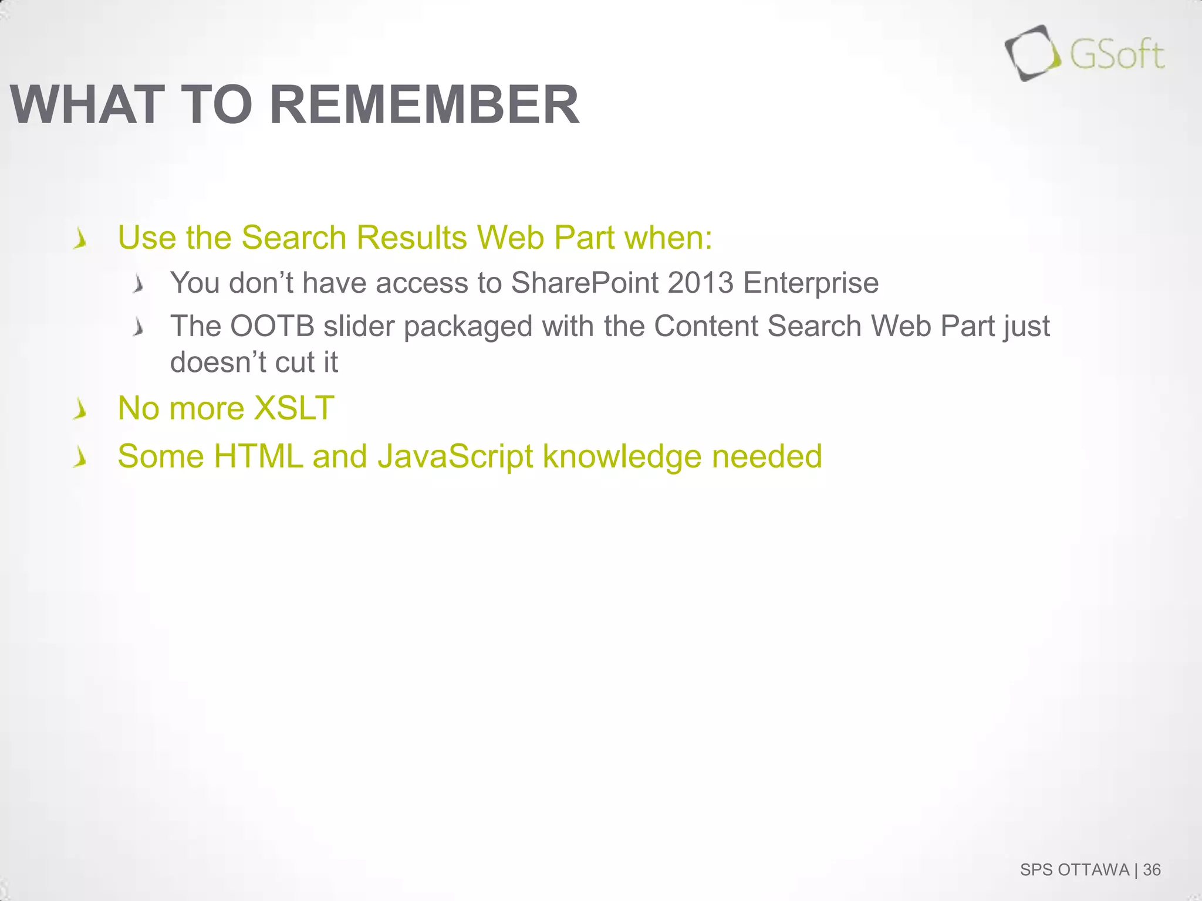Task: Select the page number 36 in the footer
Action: tap(1152, 869)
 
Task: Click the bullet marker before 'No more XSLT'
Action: tap(80, 409)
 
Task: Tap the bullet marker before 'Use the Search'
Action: tap(80, 239)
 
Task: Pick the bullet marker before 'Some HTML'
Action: tap(80, 457)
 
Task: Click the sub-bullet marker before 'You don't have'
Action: tap(139, 285)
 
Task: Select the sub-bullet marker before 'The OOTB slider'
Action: tap(139, 327)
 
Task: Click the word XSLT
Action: tap(293, 408)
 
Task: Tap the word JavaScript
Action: tap(455, 457)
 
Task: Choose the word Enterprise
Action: tap(811, 283)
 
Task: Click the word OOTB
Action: tap(272, 326)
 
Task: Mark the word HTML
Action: tap(258, 456)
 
